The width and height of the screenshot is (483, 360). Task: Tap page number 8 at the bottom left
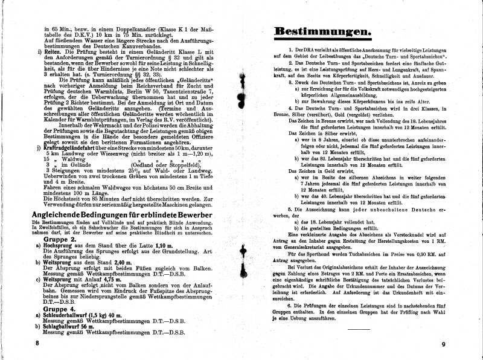click(x=37, y=343)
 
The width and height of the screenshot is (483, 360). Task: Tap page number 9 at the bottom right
click(x=443, y=344)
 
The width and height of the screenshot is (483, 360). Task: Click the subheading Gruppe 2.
click(x=59, y=239)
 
